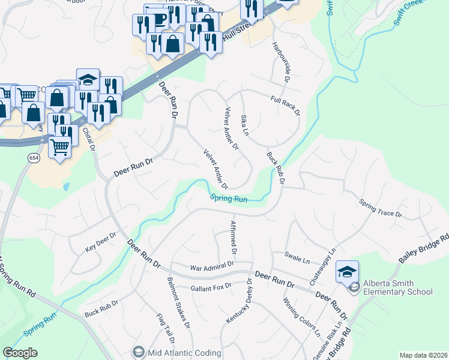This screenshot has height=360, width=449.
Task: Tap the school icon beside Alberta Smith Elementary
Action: click(348, 272)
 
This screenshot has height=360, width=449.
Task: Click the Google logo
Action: click(20, 353)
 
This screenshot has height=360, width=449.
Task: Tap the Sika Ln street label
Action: click(244, 124)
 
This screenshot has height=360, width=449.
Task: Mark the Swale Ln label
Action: click(297, 260)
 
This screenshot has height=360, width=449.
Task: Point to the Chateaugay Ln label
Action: click(331, 259)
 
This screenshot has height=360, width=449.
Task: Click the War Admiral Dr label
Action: click(212, 266)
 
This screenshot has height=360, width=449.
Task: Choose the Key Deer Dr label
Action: click(100, 244)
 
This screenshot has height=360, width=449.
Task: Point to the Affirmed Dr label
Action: click(234, 236)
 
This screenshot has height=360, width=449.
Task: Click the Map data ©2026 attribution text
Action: click(423, 355)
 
